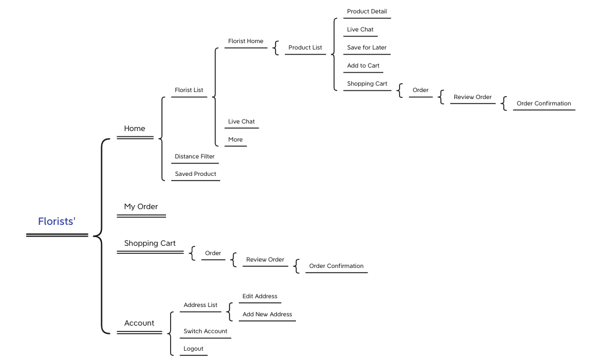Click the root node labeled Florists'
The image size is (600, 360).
point(57,221)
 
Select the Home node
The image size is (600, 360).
point(135,129)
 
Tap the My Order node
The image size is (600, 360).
point(141,207)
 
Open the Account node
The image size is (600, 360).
point(139,323)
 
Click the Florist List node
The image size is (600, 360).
point(189,90)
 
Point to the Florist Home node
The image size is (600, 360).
point(246,41)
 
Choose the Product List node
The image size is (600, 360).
point(305,48)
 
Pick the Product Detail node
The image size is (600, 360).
point(367,12)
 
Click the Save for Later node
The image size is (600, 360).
point(367,48)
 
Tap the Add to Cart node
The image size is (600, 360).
point(363,66)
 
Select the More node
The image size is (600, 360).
point(235,140)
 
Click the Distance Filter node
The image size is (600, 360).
point(195,157)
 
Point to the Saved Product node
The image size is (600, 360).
point(196,174)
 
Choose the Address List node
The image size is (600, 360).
point(200,305)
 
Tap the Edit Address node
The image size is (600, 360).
point(260,297)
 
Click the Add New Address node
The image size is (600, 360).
point(267,315)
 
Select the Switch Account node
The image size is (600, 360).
point(206,331)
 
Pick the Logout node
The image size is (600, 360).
point(193,349)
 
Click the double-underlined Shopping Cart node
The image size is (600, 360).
point(150,243)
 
